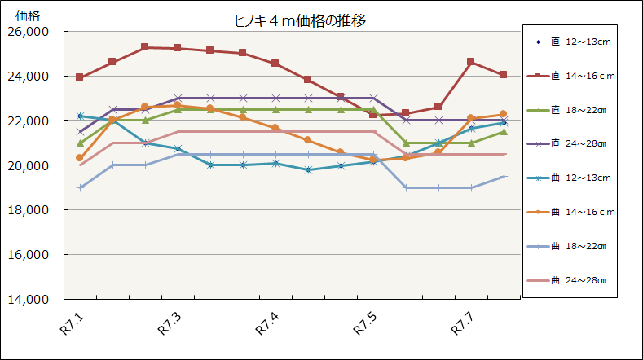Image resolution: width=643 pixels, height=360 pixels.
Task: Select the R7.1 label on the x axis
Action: (72, 325)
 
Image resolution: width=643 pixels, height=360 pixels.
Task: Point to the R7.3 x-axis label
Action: (170, 325)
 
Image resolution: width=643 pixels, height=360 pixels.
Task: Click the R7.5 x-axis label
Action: (365, 325)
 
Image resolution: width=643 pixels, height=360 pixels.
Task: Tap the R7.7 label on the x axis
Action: (463, 325)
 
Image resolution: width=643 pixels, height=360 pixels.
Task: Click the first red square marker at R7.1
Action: (80, 77)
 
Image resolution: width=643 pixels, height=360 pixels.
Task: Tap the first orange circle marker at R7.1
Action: (80, 158)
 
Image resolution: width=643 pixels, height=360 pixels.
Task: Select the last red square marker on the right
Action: (504, 75)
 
